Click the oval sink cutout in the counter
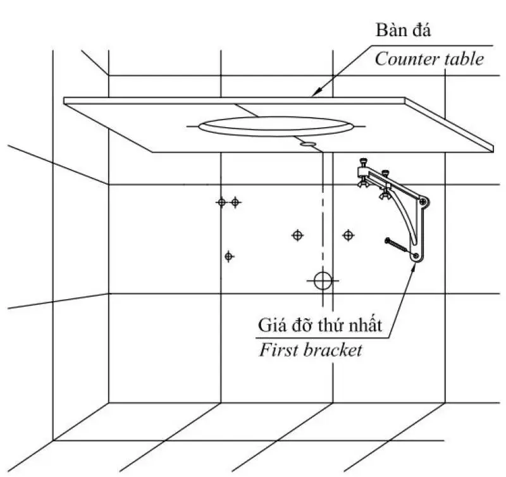click(x=275, y=126)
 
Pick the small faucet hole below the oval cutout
click(x=308, y=144)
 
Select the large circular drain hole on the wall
click(x=322, y=280)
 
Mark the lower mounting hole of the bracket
click(x=417, y=256)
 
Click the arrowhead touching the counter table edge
click(x=314, y=96)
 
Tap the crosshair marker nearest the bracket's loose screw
click(x=349, y=235)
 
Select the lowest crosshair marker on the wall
click(x=229, y=256)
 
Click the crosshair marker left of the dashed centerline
click(x=297, y=235)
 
